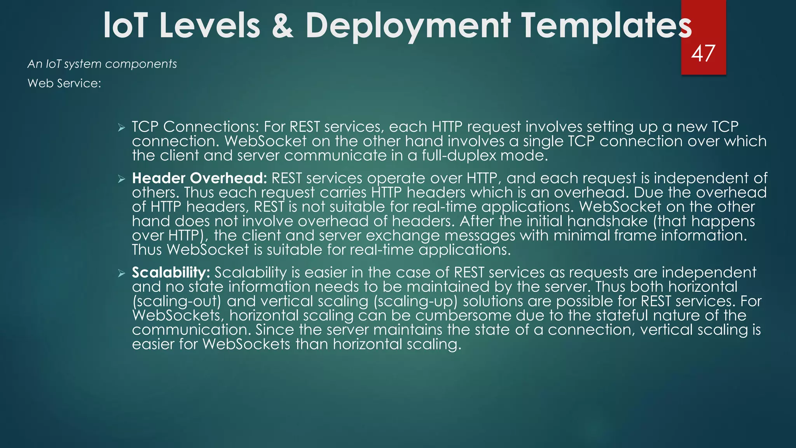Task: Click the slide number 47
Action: pyautogui.click(x=703, y=54)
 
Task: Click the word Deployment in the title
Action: pyautogui.click(x=408, y=26)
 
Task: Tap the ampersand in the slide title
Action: pyautogui.click(x=283, y=26)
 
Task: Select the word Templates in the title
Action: pyautogui.click(x=606, y=26)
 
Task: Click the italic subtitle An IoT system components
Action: pyautogui.click(x=102, y=64)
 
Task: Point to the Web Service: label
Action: pyautogui.click(x=64, y=83)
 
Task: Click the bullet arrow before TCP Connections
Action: pyautogui.click(x=122, y=128)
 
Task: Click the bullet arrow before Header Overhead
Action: pyautogui.click(x=122, y=179)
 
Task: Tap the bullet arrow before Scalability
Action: pyautogui.click(x=122, y=273)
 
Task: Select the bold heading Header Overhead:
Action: pyautogui.click(x=199, y=178)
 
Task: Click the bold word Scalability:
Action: pyautogui.click(x=171, y=272)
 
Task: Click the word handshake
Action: pyautogui.click(x=607, y=221)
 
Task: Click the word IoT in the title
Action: pyautogui.click(x=125, y=26)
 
